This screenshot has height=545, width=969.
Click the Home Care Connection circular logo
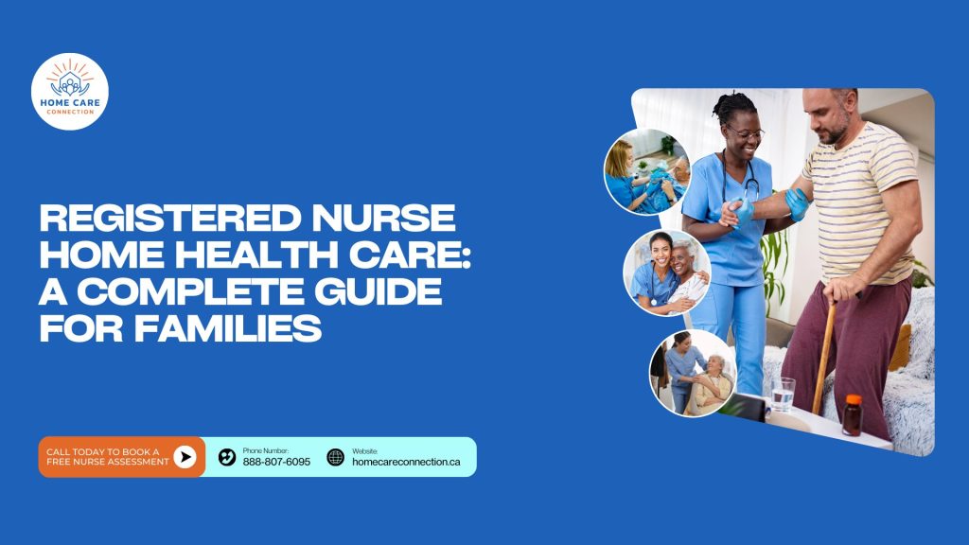tap(70, 92)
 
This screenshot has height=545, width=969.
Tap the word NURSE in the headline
tap(384, 219)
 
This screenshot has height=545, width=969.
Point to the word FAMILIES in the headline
tap(227, 328)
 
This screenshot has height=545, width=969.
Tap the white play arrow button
tap(185, 457)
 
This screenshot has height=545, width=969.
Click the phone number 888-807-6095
tap(276, 462)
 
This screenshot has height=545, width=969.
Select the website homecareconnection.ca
tap(406, 462)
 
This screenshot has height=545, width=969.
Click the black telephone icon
tap(227, 457)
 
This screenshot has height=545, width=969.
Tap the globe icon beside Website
tap(336, 457)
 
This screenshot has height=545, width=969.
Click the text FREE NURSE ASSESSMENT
tap(108, 462)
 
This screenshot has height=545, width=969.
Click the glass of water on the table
tap(783, 395)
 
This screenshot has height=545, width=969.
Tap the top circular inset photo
tap(647, 172)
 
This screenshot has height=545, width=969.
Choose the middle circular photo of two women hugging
tap(667, 272)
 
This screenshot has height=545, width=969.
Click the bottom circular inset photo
tap(693, 373)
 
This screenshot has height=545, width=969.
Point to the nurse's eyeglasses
tap(745, 132)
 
